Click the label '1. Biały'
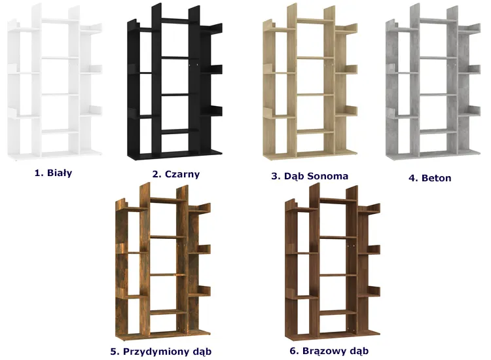click(53, 173)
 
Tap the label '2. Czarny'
click(176, 174)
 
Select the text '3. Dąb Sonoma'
click(310, 176)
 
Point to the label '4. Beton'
click(430, 178)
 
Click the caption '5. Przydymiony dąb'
click(160, 351)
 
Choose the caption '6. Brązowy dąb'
click(329, 351)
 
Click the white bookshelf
click(55, 82)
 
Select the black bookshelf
click(175, 81)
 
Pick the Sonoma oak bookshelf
click(310, 81)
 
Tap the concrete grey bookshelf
click(433, 81)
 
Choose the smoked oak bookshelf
click(163, 262)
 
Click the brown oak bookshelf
click(333, 262)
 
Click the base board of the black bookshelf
click(175, 155)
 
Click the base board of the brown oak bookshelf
click(333, 335)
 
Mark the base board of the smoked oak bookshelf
click(163, 335)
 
